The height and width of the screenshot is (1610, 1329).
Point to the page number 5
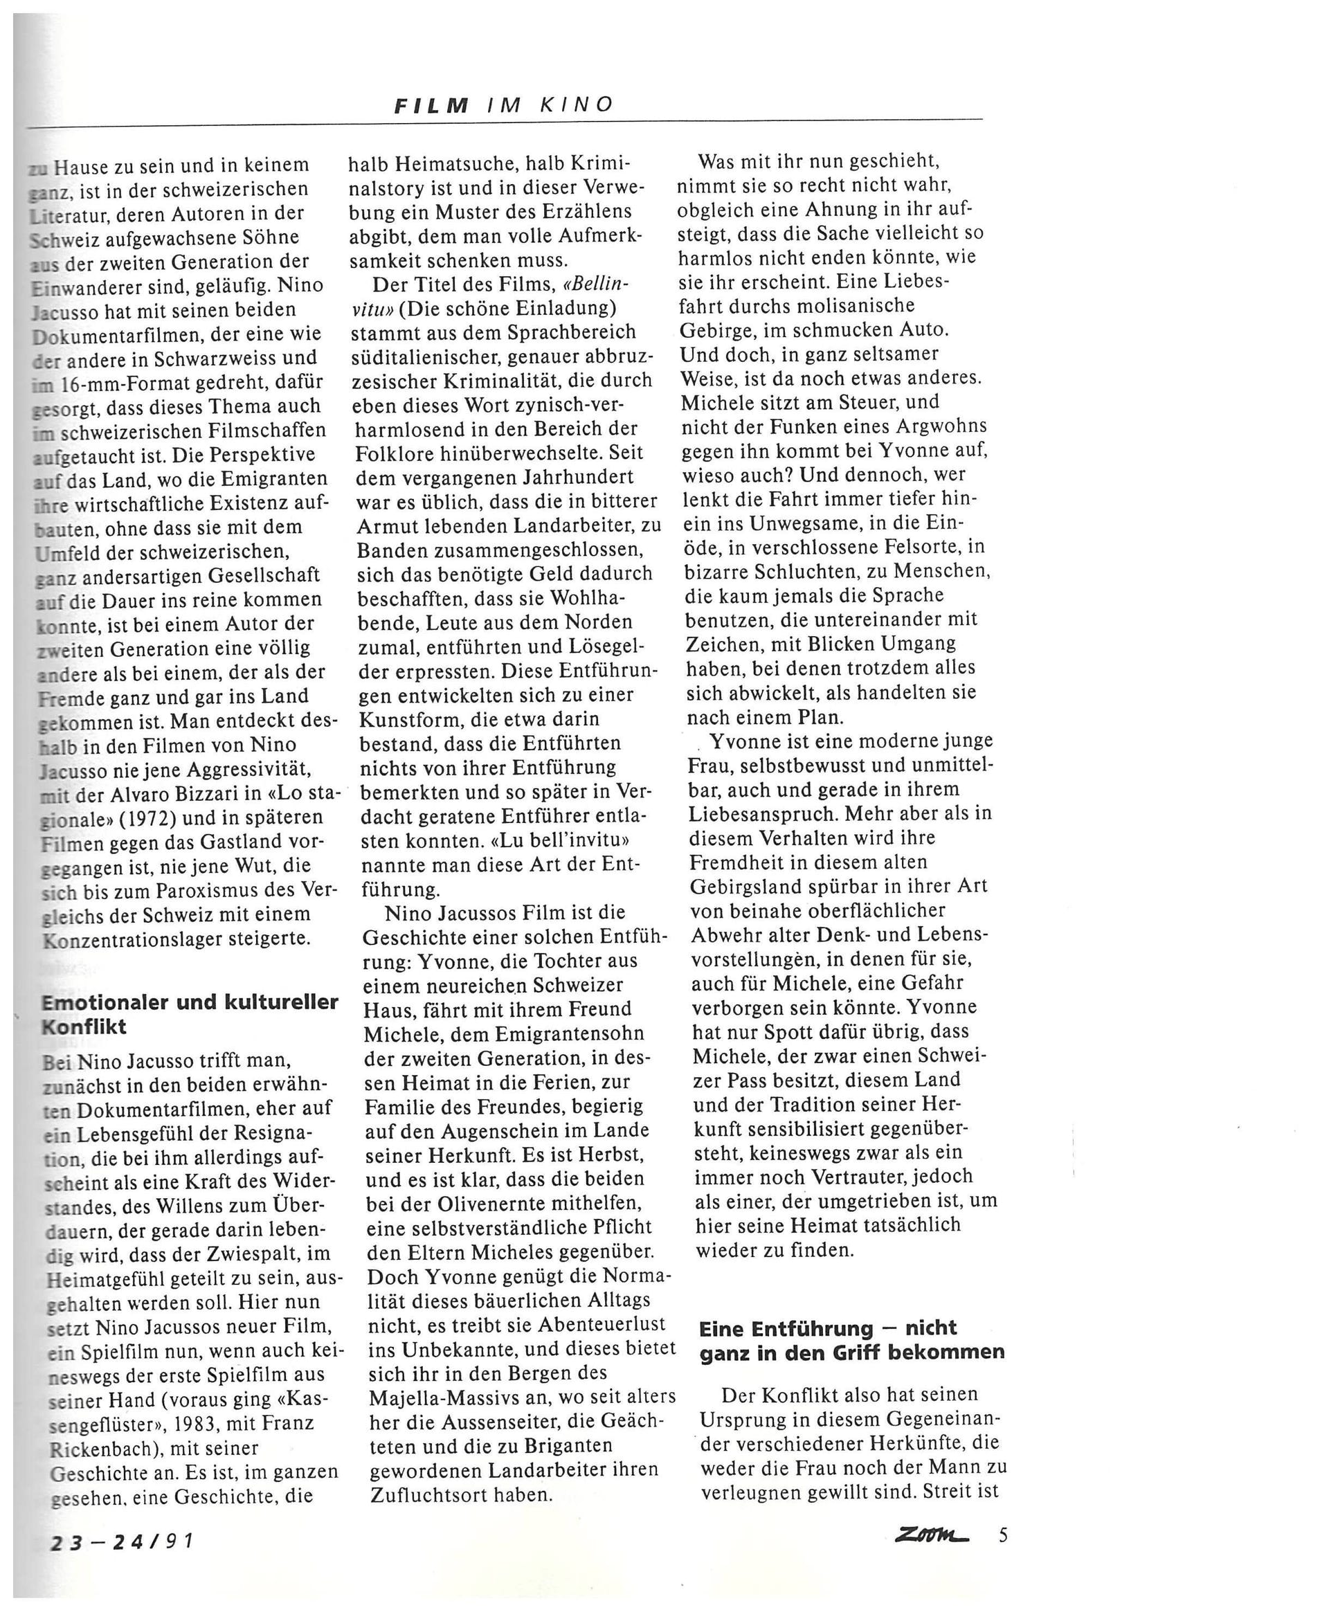1003,1535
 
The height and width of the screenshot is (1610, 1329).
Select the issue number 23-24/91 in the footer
121,1539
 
